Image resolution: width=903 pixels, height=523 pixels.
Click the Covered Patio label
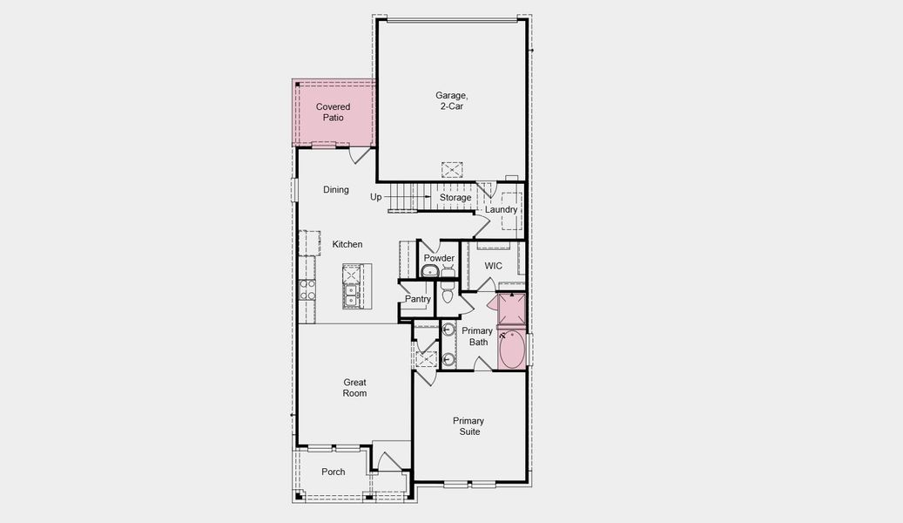(x=333, y=112)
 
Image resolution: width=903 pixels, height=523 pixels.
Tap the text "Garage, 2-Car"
(x=449, y=100)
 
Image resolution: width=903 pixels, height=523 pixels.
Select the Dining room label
(x=335, y=190)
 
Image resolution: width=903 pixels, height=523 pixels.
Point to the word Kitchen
(x=347, y=245)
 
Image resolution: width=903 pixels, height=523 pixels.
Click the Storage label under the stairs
(x=455, y=198)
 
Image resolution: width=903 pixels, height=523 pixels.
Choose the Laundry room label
(x=501, y=210)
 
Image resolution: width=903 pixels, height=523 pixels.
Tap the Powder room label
(x=439, y=259)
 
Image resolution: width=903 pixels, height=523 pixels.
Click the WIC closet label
(x=493, y=266)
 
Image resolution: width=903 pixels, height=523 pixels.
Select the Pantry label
(x=418, y=300)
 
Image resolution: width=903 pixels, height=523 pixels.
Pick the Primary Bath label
(x=477, y=336)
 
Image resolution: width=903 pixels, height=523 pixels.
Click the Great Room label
(x=354, y=388)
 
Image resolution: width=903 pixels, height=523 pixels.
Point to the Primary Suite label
(x=468, y=426)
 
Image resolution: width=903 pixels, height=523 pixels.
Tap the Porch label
(x=333, y=472)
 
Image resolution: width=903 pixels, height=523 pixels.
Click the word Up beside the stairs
(x=375, y=197)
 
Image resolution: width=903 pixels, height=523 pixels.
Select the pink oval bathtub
(x=511, y=349)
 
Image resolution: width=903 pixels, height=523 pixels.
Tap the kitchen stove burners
(x=307, y=289)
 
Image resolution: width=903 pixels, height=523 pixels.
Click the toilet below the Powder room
(x=448, y=295)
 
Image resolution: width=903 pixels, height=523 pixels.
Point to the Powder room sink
(x=430, y=272)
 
